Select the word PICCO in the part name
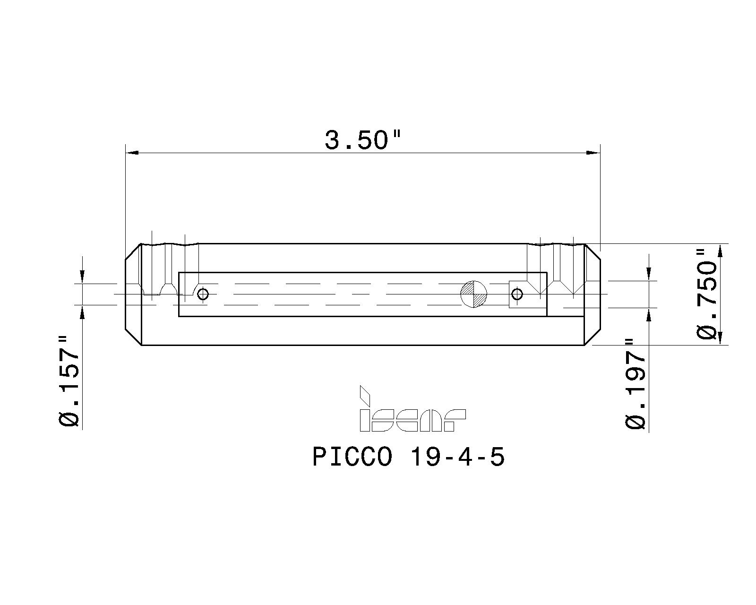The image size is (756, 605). [x=352, y=458]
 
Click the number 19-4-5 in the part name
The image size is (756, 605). [x=457, y=458]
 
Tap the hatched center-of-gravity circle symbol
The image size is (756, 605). [x=474, y=294]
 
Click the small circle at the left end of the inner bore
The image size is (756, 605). [x=203, y=294]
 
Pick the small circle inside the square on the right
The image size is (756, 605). [x=518, y=294]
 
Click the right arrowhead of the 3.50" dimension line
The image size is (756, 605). [x=593, y=153]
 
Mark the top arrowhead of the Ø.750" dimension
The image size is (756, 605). [x=720, y=251]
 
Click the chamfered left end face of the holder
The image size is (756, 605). [x=133, y=294]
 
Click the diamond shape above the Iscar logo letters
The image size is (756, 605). [x=365, y=395]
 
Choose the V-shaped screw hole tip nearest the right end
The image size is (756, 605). [x=573, y=294]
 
